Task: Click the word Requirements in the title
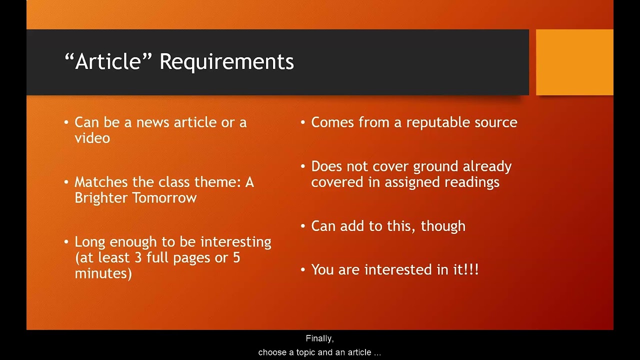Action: point(226,62)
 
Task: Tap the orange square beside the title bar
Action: point(574,62)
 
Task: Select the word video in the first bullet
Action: point(92,138)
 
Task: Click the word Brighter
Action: point(101,198)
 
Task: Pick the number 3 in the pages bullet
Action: point(150,257)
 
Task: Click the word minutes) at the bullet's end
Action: point(103,273)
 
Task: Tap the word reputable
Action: point(438,122)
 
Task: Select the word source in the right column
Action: point(496,122)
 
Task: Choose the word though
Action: point(443,226)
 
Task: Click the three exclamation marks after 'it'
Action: point(472,270)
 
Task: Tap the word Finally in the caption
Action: point(319,338)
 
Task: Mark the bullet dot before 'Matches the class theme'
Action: point(66,182)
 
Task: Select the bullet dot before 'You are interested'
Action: point(303,270)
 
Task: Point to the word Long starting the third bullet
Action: point(90,242)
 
